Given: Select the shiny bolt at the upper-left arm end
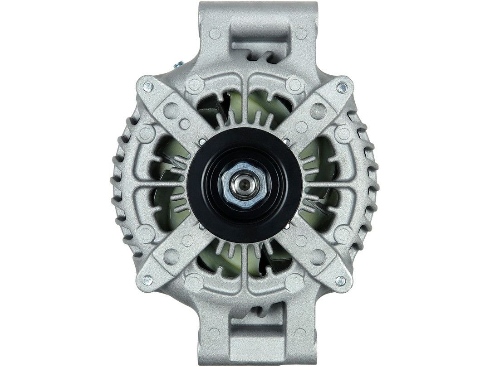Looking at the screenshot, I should [x=147, y=86].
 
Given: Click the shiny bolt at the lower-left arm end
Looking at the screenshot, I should [x=147, y=281].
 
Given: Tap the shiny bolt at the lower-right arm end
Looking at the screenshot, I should [x=342, y=281].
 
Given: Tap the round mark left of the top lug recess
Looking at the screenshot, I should [x=215, y=33].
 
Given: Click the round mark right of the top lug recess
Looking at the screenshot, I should [x=301, y=33].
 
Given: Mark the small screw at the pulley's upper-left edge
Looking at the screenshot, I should [x=200, y=144].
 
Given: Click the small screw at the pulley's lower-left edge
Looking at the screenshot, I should [x=201, y=225].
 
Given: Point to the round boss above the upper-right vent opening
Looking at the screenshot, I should [x=294, y=84].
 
